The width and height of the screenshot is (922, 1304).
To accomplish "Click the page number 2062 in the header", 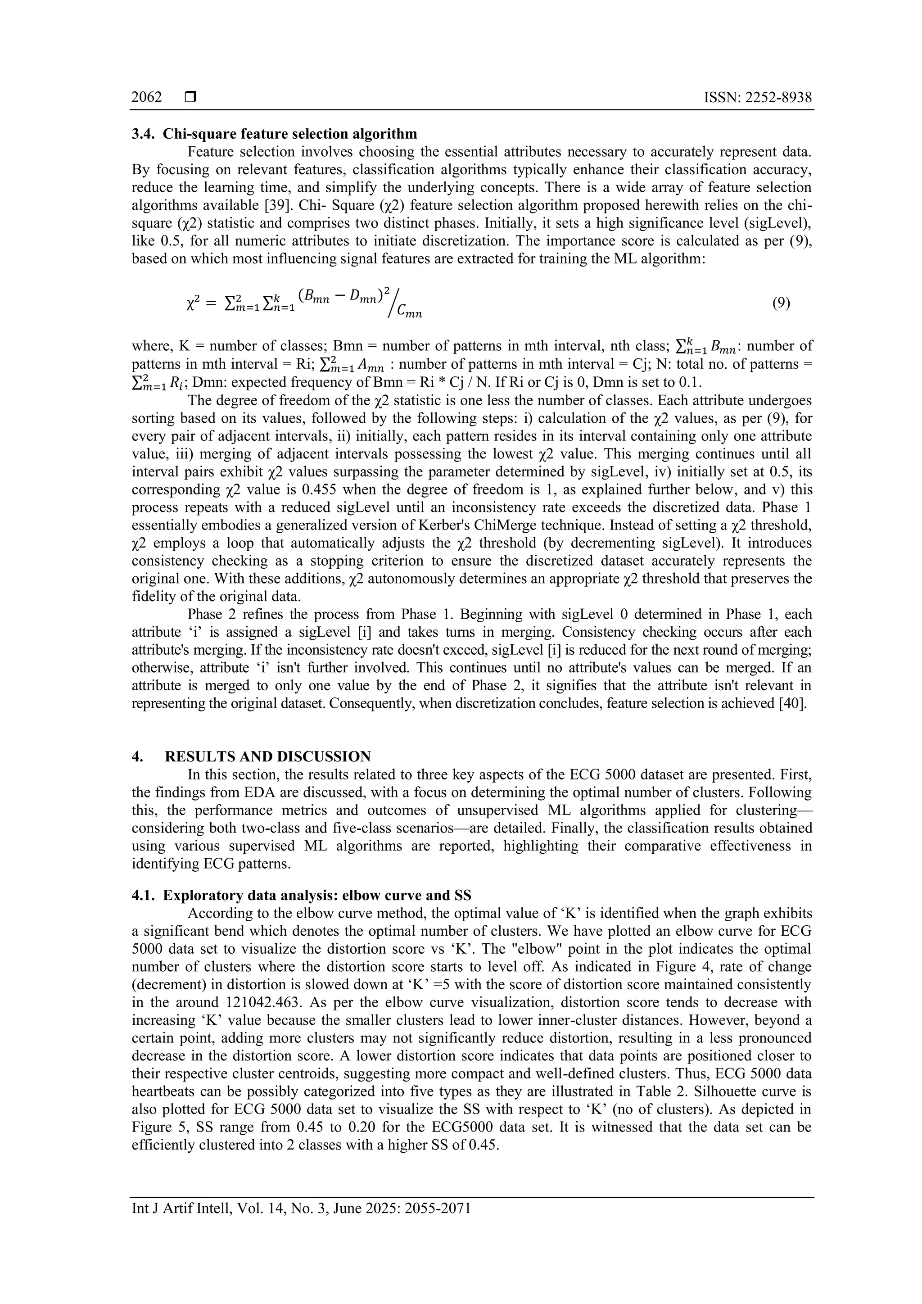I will point(146,98).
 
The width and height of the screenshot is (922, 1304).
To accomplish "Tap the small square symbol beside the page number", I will point(190,98).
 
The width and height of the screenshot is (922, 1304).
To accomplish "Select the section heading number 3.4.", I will point(143,134).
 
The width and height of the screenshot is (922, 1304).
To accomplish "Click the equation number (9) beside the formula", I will point(781,303).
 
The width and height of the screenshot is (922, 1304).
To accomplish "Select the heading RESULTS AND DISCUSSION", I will point(267,756).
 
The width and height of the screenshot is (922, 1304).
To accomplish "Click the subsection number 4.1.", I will point(143,896).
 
